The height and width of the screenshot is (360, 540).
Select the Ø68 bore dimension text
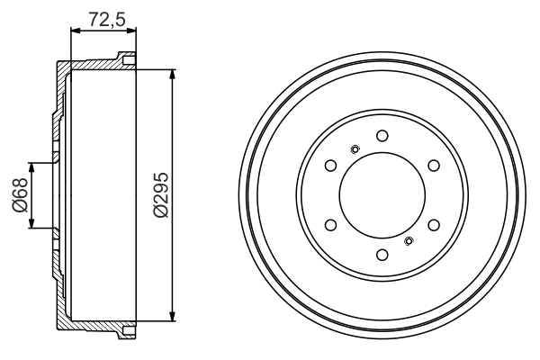(x=20, y=195)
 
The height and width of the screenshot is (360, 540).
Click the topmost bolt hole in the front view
(x=382, y=136)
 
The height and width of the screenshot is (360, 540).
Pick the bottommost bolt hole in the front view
(x=382, y=255)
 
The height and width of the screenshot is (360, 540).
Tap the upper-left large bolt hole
(x=330, y=166)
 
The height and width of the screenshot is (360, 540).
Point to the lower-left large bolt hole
(x=330, y=225)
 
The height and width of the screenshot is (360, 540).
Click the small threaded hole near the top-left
(x=355, y=149)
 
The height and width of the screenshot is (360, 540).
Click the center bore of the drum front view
(x=382, y=195)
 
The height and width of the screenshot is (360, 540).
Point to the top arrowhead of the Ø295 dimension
(x=171, y=73)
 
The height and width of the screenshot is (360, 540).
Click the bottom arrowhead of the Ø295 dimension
(x=171, y=317)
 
